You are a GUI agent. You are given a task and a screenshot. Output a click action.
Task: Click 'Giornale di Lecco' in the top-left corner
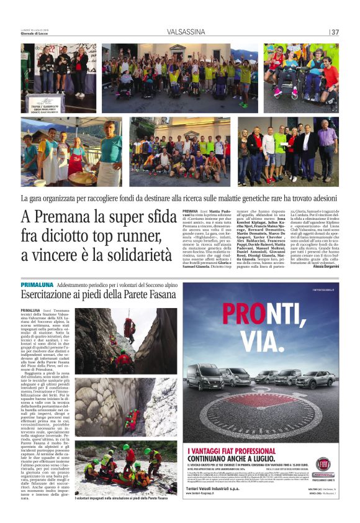tap(38, 33)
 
